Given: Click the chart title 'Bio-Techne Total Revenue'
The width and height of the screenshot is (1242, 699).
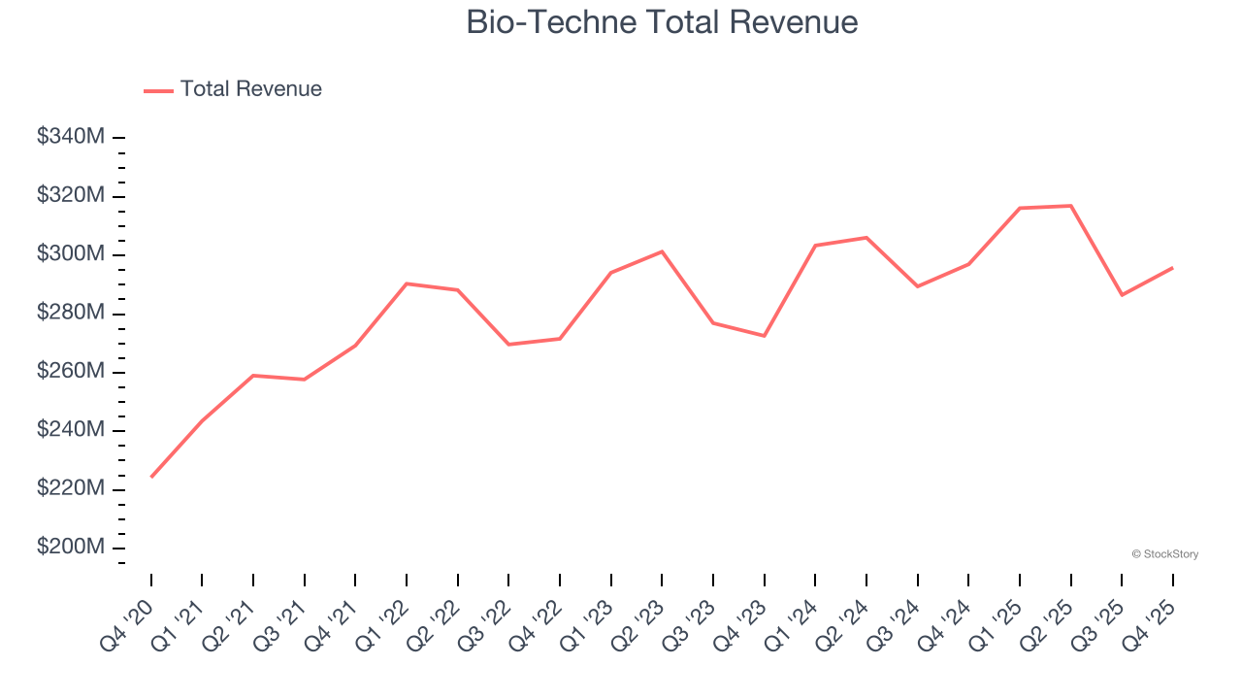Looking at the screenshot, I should coord(662,21).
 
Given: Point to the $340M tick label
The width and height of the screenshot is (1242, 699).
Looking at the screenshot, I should coord(71,137).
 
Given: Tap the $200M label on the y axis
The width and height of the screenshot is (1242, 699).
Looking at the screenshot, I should coord(71,548).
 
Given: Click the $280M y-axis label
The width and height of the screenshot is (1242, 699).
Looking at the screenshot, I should coord(71,313).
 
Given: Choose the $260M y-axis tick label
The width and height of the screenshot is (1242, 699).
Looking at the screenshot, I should coord(71,372).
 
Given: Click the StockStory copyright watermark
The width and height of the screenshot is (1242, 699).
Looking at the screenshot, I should coord(1164,554).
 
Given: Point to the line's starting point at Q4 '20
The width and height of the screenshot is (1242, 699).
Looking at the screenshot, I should coord(151,477).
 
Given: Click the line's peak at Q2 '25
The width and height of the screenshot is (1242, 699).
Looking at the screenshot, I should coord(1070,206).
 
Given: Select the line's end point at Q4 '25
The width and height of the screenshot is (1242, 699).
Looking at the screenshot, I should coord(1172,268).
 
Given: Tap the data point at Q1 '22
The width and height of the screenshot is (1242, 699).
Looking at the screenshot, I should coord(407,283).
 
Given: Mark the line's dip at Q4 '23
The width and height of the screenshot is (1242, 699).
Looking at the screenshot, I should coord(764,336).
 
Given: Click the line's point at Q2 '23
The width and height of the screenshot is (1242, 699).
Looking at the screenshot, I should coord(662,251).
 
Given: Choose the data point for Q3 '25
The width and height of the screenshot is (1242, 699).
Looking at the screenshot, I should coord(1122,295).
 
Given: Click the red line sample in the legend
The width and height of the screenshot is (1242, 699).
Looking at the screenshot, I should coord(158,90).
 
